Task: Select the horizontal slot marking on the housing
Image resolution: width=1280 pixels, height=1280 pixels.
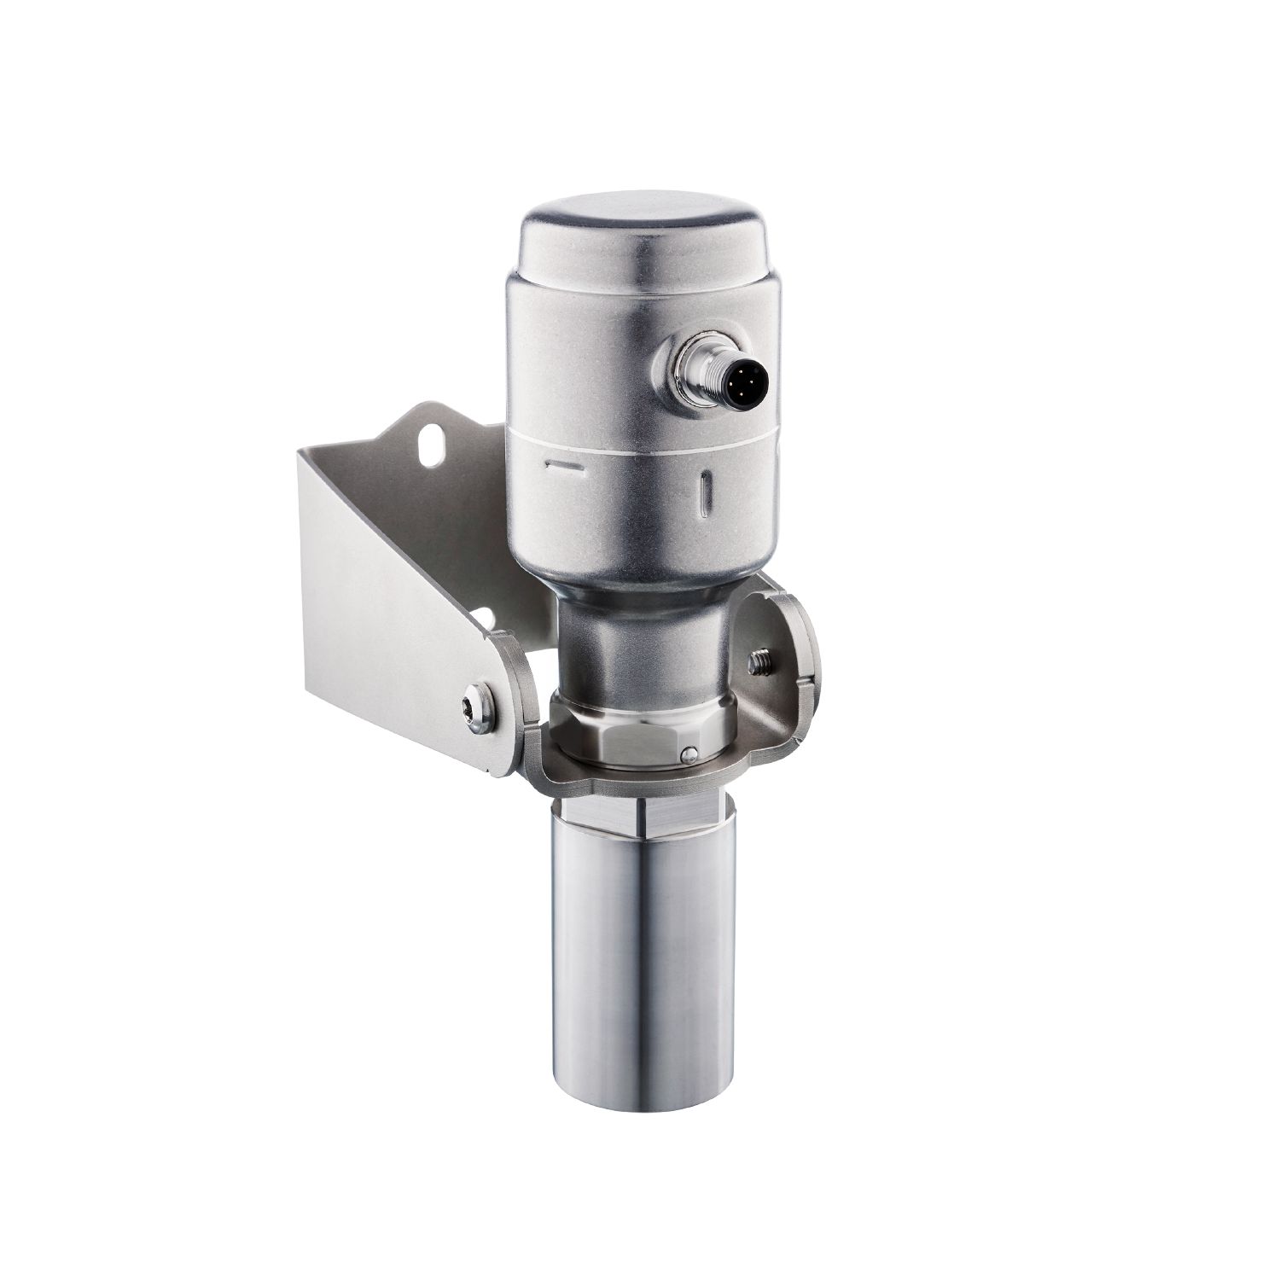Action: tap(563, 466)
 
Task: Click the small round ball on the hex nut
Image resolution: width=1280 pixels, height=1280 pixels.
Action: tap(688, 753)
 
